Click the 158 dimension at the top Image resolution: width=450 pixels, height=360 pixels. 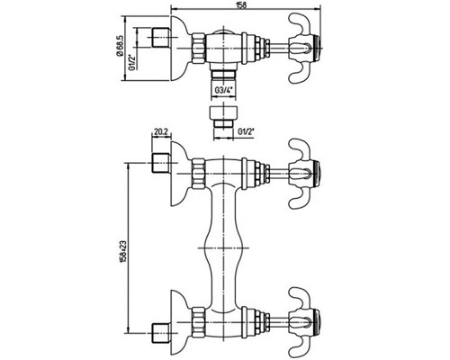click(x=245, y=5)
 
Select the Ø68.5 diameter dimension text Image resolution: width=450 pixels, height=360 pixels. click(x=120, y=46)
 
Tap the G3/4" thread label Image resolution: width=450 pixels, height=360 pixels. click(x=223, y=90)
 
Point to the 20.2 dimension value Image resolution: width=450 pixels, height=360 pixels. click(x=161, y=131)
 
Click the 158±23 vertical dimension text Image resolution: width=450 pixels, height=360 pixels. click(x=122, y=251)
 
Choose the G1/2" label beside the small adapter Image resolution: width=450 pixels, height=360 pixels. click(x=246, y=131)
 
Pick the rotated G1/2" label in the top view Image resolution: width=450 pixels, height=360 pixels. click(x=131, y=62)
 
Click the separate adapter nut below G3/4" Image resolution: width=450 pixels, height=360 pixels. click(x=223, y=116)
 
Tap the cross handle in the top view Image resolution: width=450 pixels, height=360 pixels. click(x=304, y=48)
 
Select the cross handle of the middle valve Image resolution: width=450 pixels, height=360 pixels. click(x=304, y=174)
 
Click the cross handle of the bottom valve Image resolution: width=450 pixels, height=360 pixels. click(x=304, y=322)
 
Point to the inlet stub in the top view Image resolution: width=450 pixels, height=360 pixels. click(x=160, y=38)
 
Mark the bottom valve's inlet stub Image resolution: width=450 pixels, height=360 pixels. click(x=160, y=333)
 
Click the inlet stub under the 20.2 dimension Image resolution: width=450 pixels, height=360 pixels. click(x=160, y=163)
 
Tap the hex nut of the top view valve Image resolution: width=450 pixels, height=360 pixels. click(x=198, y=48)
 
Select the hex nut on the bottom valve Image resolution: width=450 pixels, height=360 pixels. click(x=198, y=322)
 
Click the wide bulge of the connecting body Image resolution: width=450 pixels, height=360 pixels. click(x=223, y=248)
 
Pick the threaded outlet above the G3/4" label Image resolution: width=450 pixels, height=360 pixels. click(x=223, y=75)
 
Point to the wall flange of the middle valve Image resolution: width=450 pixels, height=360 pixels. click(x=180, y=174)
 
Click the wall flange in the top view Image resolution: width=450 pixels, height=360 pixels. click(x=180, y=48)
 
